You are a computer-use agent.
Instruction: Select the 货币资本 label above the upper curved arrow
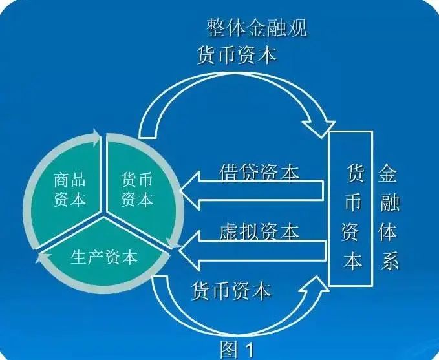click(x=236, y=55)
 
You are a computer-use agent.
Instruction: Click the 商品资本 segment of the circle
click(x=69, y=189)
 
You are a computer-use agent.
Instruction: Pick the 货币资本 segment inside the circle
click(x=136, y=189)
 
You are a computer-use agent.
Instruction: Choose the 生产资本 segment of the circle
click(x=104, y=257)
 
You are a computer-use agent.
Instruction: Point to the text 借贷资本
click(x=259, y=173)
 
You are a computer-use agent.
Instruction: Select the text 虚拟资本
click(x=259, y=231)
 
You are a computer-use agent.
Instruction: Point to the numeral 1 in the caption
click(x=248, y=350)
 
